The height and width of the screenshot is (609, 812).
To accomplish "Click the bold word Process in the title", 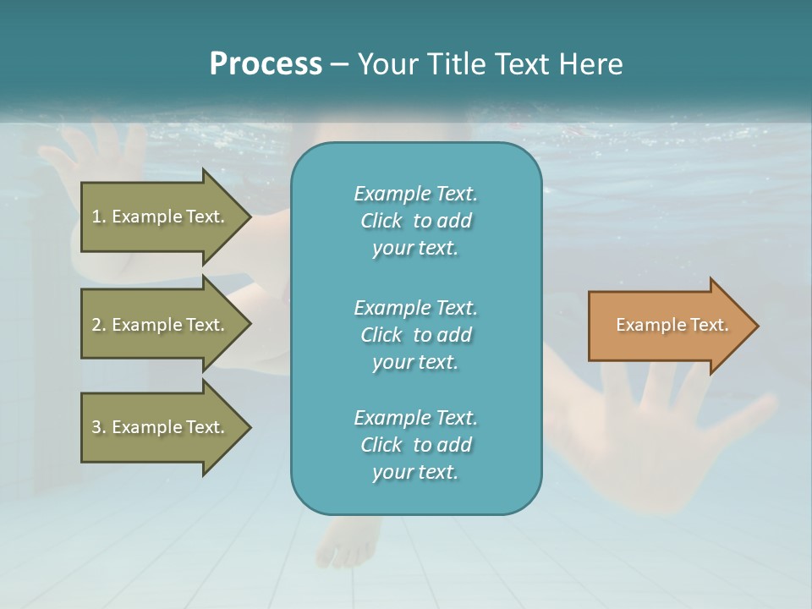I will tap(266, 64).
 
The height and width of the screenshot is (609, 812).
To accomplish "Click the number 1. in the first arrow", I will tap(99, 217).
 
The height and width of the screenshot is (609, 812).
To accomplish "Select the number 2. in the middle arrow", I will tap(99, 325).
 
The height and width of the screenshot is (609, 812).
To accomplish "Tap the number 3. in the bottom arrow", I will tap(99, 427).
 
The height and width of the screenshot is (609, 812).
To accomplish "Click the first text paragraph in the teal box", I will tap(415, 221).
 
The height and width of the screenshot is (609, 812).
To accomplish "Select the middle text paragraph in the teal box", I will tap(415, 335).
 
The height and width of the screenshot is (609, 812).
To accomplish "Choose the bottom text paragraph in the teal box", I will tap(415, 445).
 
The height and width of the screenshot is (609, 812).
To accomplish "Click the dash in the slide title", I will tap(339, 65).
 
